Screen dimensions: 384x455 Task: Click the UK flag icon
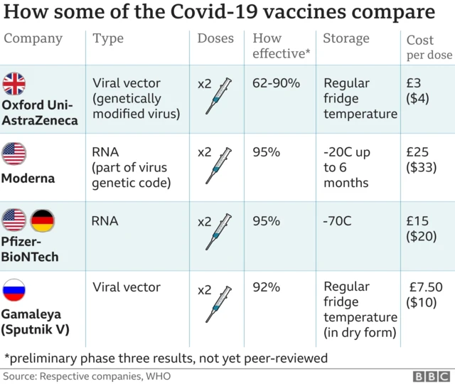pos(14,84)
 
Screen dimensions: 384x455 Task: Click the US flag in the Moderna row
pos(14,153)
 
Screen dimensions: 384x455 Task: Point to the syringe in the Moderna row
pos(220,165)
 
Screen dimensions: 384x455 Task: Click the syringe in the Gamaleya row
pos(219,304)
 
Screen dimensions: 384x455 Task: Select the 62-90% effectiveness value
pos(276,83)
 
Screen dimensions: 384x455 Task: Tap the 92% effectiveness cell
pos(267,288)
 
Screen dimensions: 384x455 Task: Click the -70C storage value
pos(338,221)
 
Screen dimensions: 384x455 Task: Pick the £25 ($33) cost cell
pos(421,160)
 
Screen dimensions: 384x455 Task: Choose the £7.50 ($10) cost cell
pos(425,295)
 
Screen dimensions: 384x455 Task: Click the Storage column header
pos(346,38)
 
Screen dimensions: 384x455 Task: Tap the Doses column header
pos(215,38)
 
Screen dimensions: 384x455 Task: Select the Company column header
pos(33,38)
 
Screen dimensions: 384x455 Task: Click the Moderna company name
pos(28,178)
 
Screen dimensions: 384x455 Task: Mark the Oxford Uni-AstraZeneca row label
pos(40,113)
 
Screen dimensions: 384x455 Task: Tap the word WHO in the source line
pos(159,375)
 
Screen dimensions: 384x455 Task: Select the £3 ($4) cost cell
pos(418,91)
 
